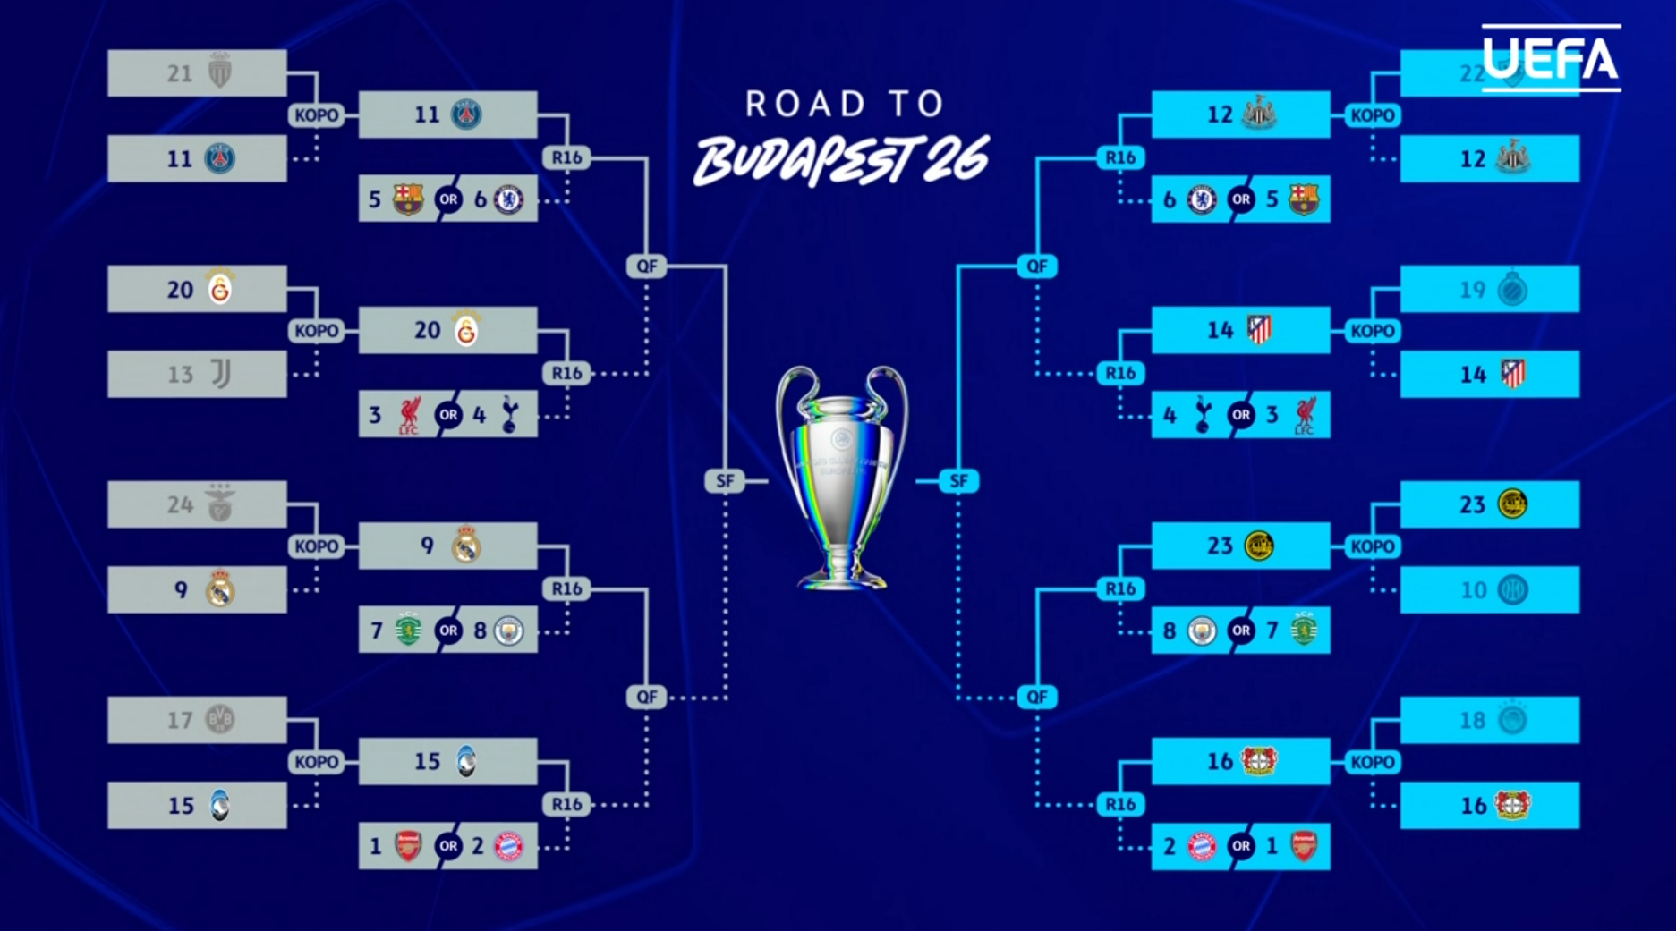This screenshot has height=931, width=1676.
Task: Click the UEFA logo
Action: click(1551, 58)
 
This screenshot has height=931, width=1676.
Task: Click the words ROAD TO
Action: click(844, 104)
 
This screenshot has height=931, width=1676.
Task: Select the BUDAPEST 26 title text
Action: click(841, 161)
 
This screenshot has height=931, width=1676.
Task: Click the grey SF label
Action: click(725, 481)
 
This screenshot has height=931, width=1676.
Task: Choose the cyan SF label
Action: click(958, 481)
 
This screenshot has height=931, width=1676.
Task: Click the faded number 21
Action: click(180, 73)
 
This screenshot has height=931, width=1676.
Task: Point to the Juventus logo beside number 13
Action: click(220, 374)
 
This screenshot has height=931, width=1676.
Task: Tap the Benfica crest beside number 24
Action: click(220, 504)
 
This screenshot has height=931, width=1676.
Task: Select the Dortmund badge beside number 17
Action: click(220, 719)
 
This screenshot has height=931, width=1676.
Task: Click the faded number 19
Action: click(1472, 290)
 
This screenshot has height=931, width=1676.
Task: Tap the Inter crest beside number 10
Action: click(1512, 590)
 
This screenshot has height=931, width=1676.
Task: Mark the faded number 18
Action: click(1472, 720)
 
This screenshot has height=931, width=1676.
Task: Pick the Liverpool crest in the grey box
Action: click(409, 415)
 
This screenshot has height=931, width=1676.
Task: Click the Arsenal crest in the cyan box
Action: click(1304, 846)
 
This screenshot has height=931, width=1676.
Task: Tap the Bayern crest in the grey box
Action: click(508, 846)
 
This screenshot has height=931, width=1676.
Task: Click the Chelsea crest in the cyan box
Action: click(1202, 199)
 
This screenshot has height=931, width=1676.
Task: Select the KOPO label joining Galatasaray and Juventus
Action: click(317, 331)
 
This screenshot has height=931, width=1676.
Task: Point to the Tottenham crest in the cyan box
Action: click(1204, 415)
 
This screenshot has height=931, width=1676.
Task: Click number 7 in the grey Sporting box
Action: click(377, 631)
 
